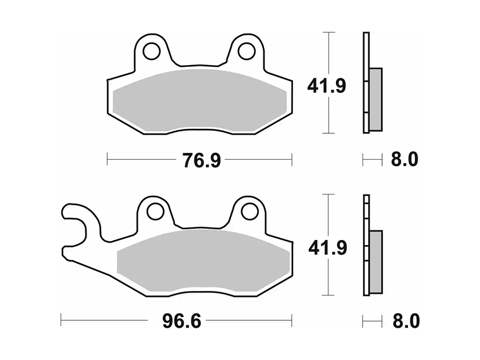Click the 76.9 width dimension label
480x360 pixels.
[201, 160]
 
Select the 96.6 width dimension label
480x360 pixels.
[181, 321]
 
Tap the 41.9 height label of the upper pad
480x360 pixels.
[327, 86]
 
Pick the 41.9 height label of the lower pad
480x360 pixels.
[328, 248]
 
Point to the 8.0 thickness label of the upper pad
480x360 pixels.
[404, 160]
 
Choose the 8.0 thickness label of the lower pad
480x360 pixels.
[406, 321]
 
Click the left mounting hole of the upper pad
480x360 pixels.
[152, 51]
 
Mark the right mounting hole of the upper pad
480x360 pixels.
[246, 51]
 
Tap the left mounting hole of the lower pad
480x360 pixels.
[156, 211]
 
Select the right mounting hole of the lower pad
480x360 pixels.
[250, 211]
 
